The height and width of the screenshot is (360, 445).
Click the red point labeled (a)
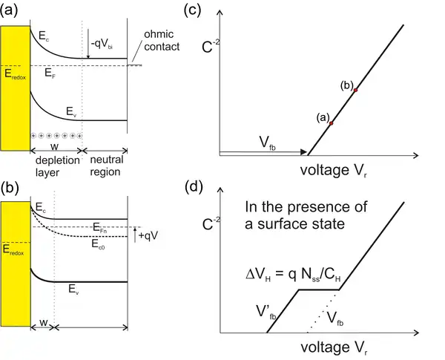[x=331, y=123]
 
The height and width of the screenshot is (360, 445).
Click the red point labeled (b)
[x=355, y=90]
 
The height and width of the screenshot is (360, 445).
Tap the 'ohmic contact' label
[x=162, y=40]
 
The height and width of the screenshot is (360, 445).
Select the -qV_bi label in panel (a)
[x=102, y=45]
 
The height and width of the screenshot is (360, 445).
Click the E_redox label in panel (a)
[x=15, y=74]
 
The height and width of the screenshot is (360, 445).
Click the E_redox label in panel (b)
[x=13, y=250]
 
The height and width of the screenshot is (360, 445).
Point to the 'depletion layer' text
[x=57, y=166]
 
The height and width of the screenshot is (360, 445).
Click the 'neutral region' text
[x=106, y=166]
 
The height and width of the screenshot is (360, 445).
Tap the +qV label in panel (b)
[x=148, y=235]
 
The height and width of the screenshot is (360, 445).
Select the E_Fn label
[x=100, y=228]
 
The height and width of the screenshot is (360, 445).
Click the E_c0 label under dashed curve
[x=98, y=244]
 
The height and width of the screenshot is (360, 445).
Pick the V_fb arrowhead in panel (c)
[x=303, y=151]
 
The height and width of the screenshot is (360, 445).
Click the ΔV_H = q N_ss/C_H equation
[x=293, y=275]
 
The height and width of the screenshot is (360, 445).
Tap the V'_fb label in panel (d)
[x=266, y=312]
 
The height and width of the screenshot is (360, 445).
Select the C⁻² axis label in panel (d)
[x=211, y=223]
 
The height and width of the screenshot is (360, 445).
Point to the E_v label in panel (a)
[x=71, y=111]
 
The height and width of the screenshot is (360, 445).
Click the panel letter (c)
[x=192, y=11]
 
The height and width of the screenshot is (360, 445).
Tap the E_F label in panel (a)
[x=50, y=73]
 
